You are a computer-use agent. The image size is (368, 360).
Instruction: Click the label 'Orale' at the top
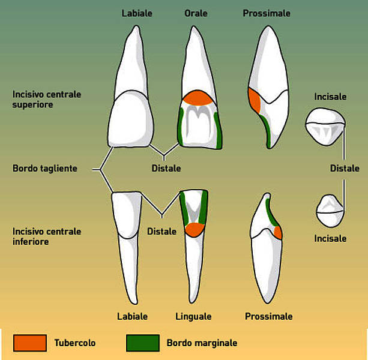click(196, 13)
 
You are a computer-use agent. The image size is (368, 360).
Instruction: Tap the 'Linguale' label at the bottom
click(193, 316)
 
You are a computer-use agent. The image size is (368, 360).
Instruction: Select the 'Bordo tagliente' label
click(45, 169)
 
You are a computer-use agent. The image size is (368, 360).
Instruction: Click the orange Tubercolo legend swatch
click(30, 343)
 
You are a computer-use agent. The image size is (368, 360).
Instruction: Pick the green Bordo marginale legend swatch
click(143, 343)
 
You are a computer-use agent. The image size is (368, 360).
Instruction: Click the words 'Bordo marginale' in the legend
click(202, 343)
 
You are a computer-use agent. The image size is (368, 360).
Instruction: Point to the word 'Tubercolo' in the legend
click(75, 343)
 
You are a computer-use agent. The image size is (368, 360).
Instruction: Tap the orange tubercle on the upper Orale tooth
click(198, 98)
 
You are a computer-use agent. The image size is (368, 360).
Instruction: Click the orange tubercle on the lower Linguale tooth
click(195, 230)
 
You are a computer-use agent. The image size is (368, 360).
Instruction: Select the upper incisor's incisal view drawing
click(325, 127)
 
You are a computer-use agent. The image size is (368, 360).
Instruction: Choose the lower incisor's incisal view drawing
click(330, 211)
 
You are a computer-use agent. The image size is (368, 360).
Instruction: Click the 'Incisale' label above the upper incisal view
click(330, 97)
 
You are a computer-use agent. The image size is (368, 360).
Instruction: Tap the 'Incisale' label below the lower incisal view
click(330, 239)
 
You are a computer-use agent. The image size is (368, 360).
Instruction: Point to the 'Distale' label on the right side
click(345, 168)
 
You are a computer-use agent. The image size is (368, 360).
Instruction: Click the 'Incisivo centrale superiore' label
click(47, 100)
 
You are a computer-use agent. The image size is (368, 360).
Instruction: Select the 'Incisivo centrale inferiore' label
click(47, 236)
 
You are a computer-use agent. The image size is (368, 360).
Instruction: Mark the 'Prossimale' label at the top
click(267, 13)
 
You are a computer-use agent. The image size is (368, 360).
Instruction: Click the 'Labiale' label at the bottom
click(132, 316)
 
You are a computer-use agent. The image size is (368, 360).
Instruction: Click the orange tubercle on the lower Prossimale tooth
click(279, 232)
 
